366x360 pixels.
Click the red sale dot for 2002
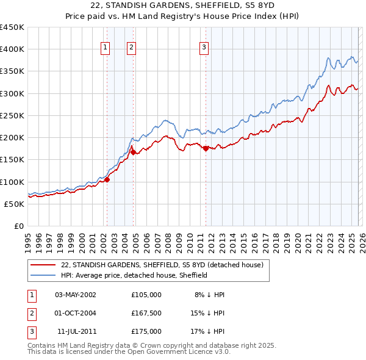pyautogui.click(x=107, y=179)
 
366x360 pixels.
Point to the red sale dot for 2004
pyautogui.click(x=133, y=152)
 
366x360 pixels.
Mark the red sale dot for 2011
pyautogui.click(x=206, y=148)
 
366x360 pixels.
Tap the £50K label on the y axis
pyautogui.click(x=15, y=204)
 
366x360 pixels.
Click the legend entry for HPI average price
pyautogui.click(x=134, y=275)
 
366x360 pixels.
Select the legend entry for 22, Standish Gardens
pyautogui.click(x=162, y=265)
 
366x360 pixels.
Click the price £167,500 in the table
pyautogui.click(x=146, y=313)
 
